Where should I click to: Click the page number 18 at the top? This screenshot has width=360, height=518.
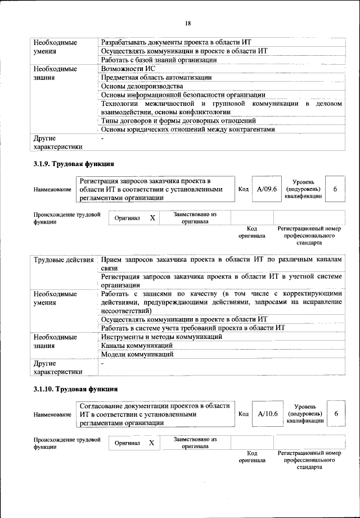click(x=188, y=23)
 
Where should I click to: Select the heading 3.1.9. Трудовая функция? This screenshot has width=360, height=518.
click(x=73, y=164)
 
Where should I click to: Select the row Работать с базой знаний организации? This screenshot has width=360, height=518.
click(x=158, y=60)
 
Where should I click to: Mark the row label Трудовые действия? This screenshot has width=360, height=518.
click(x=64, y=260)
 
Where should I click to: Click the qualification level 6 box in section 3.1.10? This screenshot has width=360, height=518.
click(x=335, y=413)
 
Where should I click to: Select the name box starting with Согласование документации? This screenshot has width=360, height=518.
click(x=155, y=414)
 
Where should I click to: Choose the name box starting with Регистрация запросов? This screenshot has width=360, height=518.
click(x=155, y=190)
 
